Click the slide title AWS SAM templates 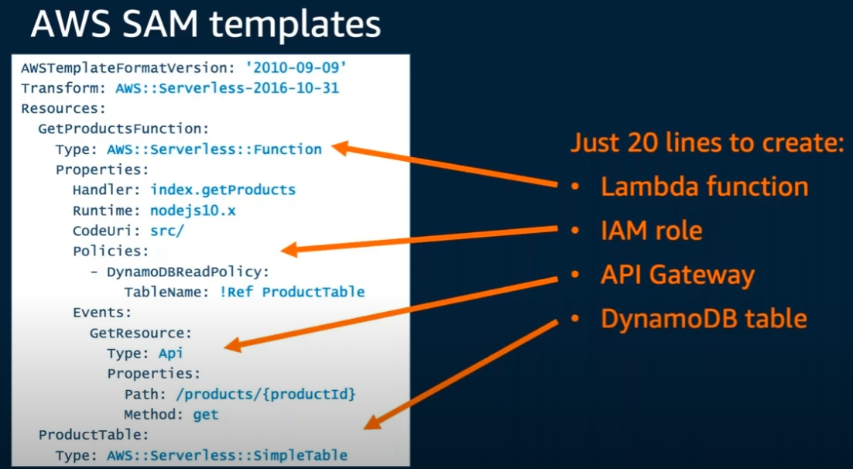pyautogui.click(x=206, y=25)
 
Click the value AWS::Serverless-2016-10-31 pyautogui.click(x=227, y=88)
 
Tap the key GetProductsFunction pyautogui.click(x=124, y=128)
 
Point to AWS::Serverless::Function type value pyautogui.click(x=214, y=149)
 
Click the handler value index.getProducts pyautogui.click(x=223, y=190)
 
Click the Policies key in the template pyautogui.click(x=111, y=251)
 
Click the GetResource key pyautogui.click(x=140, y=333)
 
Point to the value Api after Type pyautogui.click(x=170, y=353)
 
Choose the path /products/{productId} pyautogui.click(x=265, y=394)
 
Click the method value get pyautogui.click(x=206, y=414)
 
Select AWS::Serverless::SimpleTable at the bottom pyautogui.click(x=228, y=455)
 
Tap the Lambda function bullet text pyautogui.click(x=704, y=187)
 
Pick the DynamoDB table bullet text pyautogui.click(x=704, y=318)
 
